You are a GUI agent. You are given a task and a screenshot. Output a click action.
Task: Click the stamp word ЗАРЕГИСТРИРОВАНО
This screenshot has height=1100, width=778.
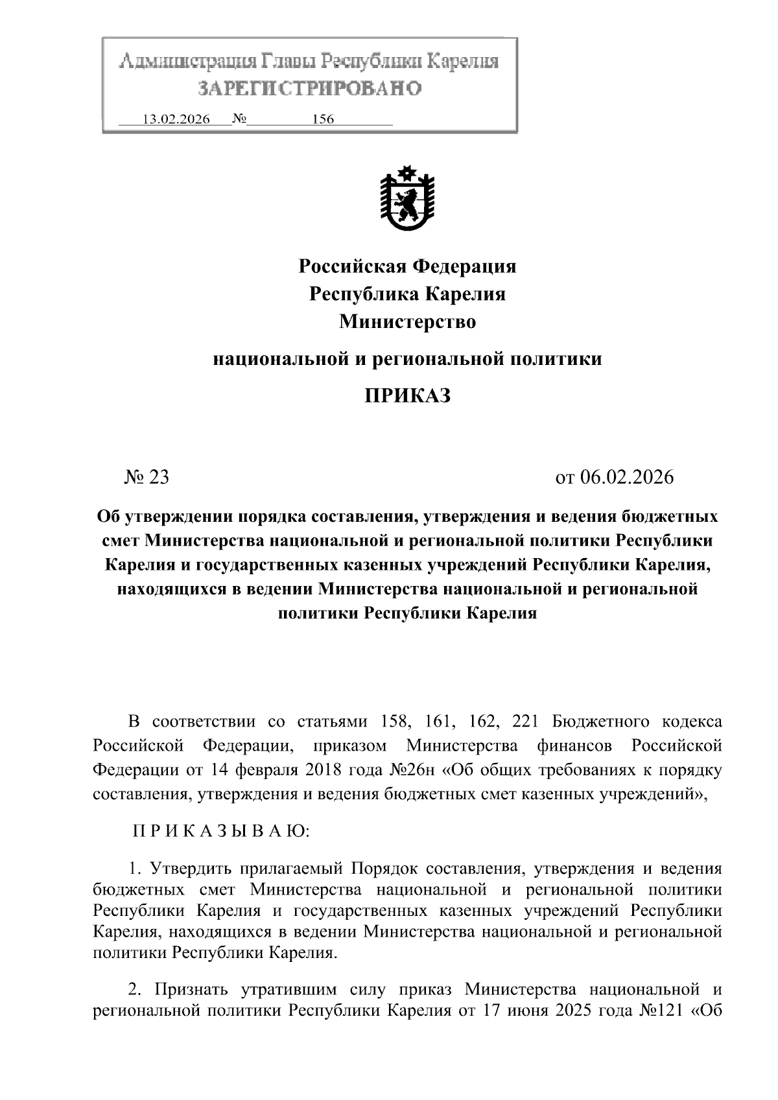pyautogui.click(x=309, y=88)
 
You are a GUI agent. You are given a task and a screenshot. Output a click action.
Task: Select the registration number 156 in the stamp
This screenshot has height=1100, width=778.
pyautogui.click(x=323, y=119)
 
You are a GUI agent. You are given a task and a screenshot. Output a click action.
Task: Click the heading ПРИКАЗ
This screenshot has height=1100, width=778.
pyautogui.click(x=407, y=395)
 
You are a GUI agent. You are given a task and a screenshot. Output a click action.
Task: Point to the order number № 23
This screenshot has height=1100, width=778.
pyautogui.click(x=147, y=477)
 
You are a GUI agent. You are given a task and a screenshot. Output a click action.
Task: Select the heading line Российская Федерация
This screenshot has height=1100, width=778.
pyautogui.click(x=407, y=266)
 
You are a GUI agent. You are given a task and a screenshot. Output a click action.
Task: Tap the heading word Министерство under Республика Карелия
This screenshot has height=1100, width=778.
pyautogui.click(x=407, y=321)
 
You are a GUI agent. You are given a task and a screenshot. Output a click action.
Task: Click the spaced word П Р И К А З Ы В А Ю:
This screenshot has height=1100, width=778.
pyautogui.click(x=222, y=832)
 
